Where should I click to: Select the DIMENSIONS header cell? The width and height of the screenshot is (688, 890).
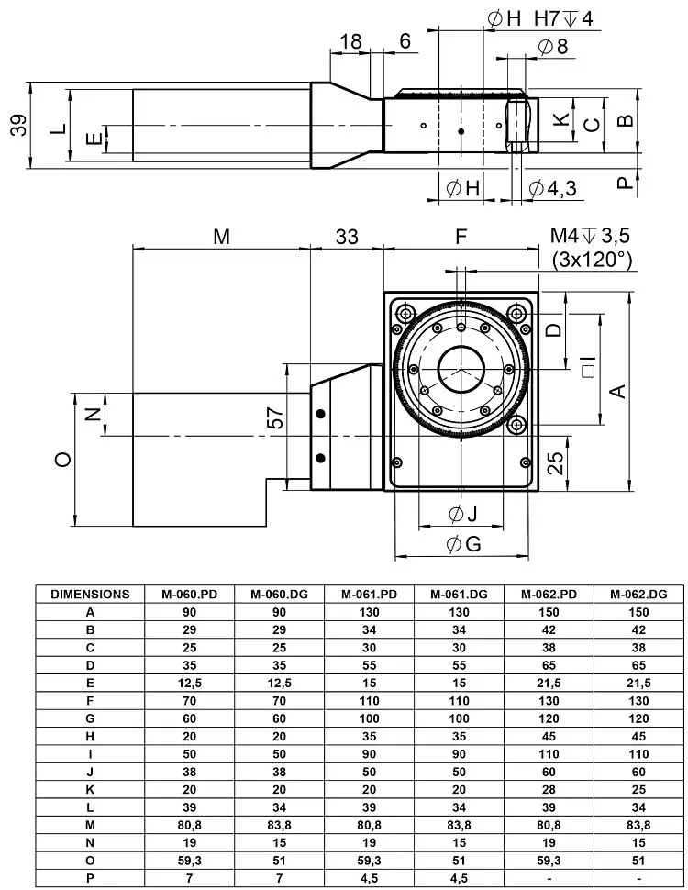click(x=90, y=594)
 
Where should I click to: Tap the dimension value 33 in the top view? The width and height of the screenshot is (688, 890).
click(x=346, y=237)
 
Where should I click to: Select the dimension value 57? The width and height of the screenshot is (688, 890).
click(x=276, y=419)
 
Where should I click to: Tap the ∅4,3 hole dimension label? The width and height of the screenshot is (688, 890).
click(x=552, y=188)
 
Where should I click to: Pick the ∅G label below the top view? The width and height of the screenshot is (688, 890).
click(x=463, y=544)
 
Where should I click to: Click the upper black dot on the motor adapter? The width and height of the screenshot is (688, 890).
click(x=320, y=415)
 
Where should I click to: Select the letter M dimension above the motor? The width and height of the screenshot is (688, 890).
click(x=221, y=237)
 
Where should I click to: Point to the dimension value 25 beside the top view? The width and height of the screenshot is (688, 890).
click(x=556, y=462)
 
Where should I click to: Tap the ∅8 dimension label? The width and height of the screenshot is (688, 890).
click(x=553, y=46)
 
